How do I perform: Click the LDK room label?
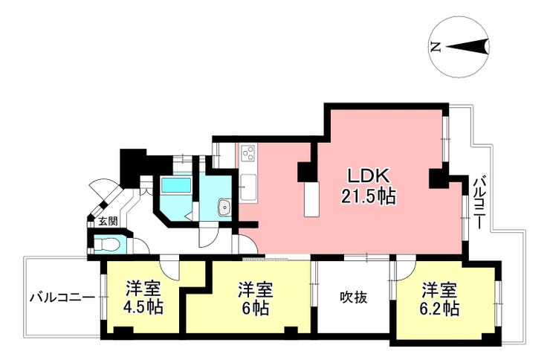(368, 176)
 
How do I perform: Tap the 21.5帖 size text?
(369, 196)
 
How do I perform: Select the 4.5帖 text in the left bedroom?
(143, 307)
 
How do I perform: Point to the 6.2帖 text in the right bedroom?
(439, 309)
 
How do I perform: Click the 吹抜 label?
(354, 298)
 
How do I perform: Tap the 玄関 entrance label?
(108, 221)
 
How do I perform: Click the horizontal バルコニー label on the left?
(62, 298)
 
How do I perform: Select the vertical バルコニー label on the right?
(479, 204)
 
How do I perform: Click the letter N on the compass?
(436, 47)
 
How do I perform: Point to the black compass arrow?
(467, 46)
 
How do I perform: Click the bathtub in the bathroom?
(176, 185)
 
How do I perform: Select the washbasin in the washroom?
(224, 207)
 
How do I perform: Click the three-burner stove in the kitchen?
(249, 152)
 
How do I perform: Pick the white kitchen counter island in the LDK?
(312, 199)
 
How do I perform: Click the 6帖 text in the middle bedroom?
(256, 309)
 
